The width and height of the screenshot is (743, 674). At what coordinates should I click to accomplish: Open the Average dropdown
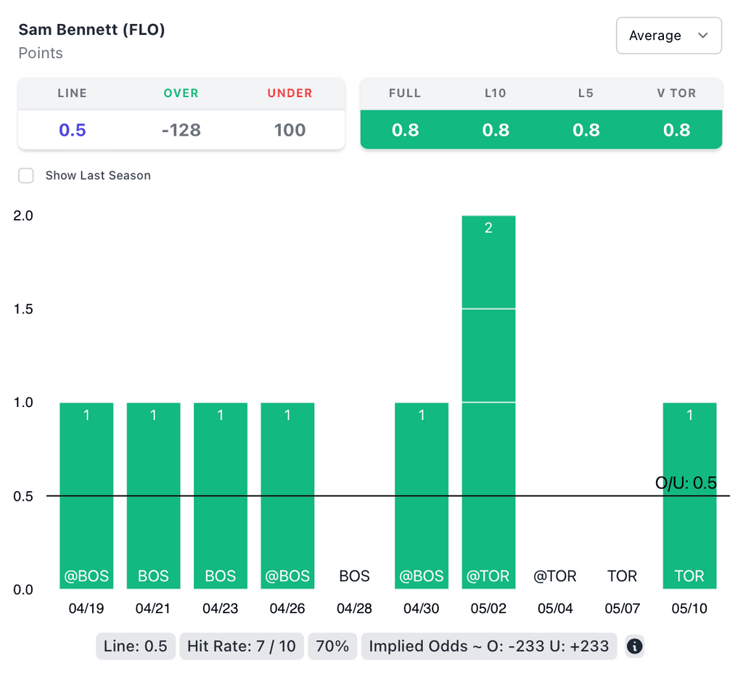pyautogui.click(x=668, y=36)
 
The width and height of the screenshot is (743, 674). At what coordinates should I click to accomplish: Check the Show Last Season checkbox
pyautogui.click(x=26, y=176)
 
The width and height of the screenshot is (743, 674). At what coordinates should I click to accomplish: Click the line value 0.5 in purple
pyautogui.click(x=73, y=130)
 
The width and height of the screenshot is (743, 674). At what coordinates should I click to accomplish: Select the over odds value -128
pyautogui.click(x=181, y=130)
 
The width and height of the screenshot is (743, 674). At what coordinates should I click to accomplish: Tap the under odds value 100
pyautogui.click(x=290, y=130)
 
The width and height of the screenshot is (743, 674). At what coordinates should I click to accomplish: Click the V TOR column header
pyautogui.click(x=676, y=93)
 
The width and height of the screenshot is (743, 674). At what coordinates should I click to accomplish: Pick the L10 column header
pyautogui.click(x=496, y=93)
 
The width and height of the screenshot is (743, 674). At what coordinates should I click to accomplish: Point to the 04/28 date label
pyautogui.click(x=355, y=609)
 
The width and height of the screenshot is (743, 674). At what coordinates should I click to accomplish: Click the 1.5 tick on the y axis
pyautogui.click(x=24, y=309)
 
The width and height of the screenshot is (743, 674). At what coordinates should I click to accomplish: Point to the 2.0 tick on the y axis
pyautogui.click(x=24, y=215)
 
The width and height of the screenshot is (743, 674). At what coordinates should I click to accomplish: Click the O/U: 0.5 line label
pyautogui.click(x=686, y=482)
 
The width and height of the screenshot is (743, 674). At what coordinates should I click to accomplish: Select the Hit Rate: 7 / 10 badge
pyautogui.click(x=242, y=646)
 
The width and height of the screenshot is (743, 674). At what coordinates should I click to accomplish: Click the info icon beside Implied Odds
pyautogui.click(x=634, y=646)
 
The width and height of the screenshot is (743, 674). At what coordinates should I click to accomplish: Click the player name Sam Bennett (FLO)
pyautogui.click(x=91, y=30)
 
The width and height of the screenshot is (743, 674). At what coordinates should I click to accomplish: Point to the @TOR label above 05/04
pyautogui.click(x=555, y=576)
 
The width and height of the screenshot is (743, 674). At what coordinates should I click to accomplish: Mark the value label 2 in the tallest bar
pyautogui.click(x=488, y=228)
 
